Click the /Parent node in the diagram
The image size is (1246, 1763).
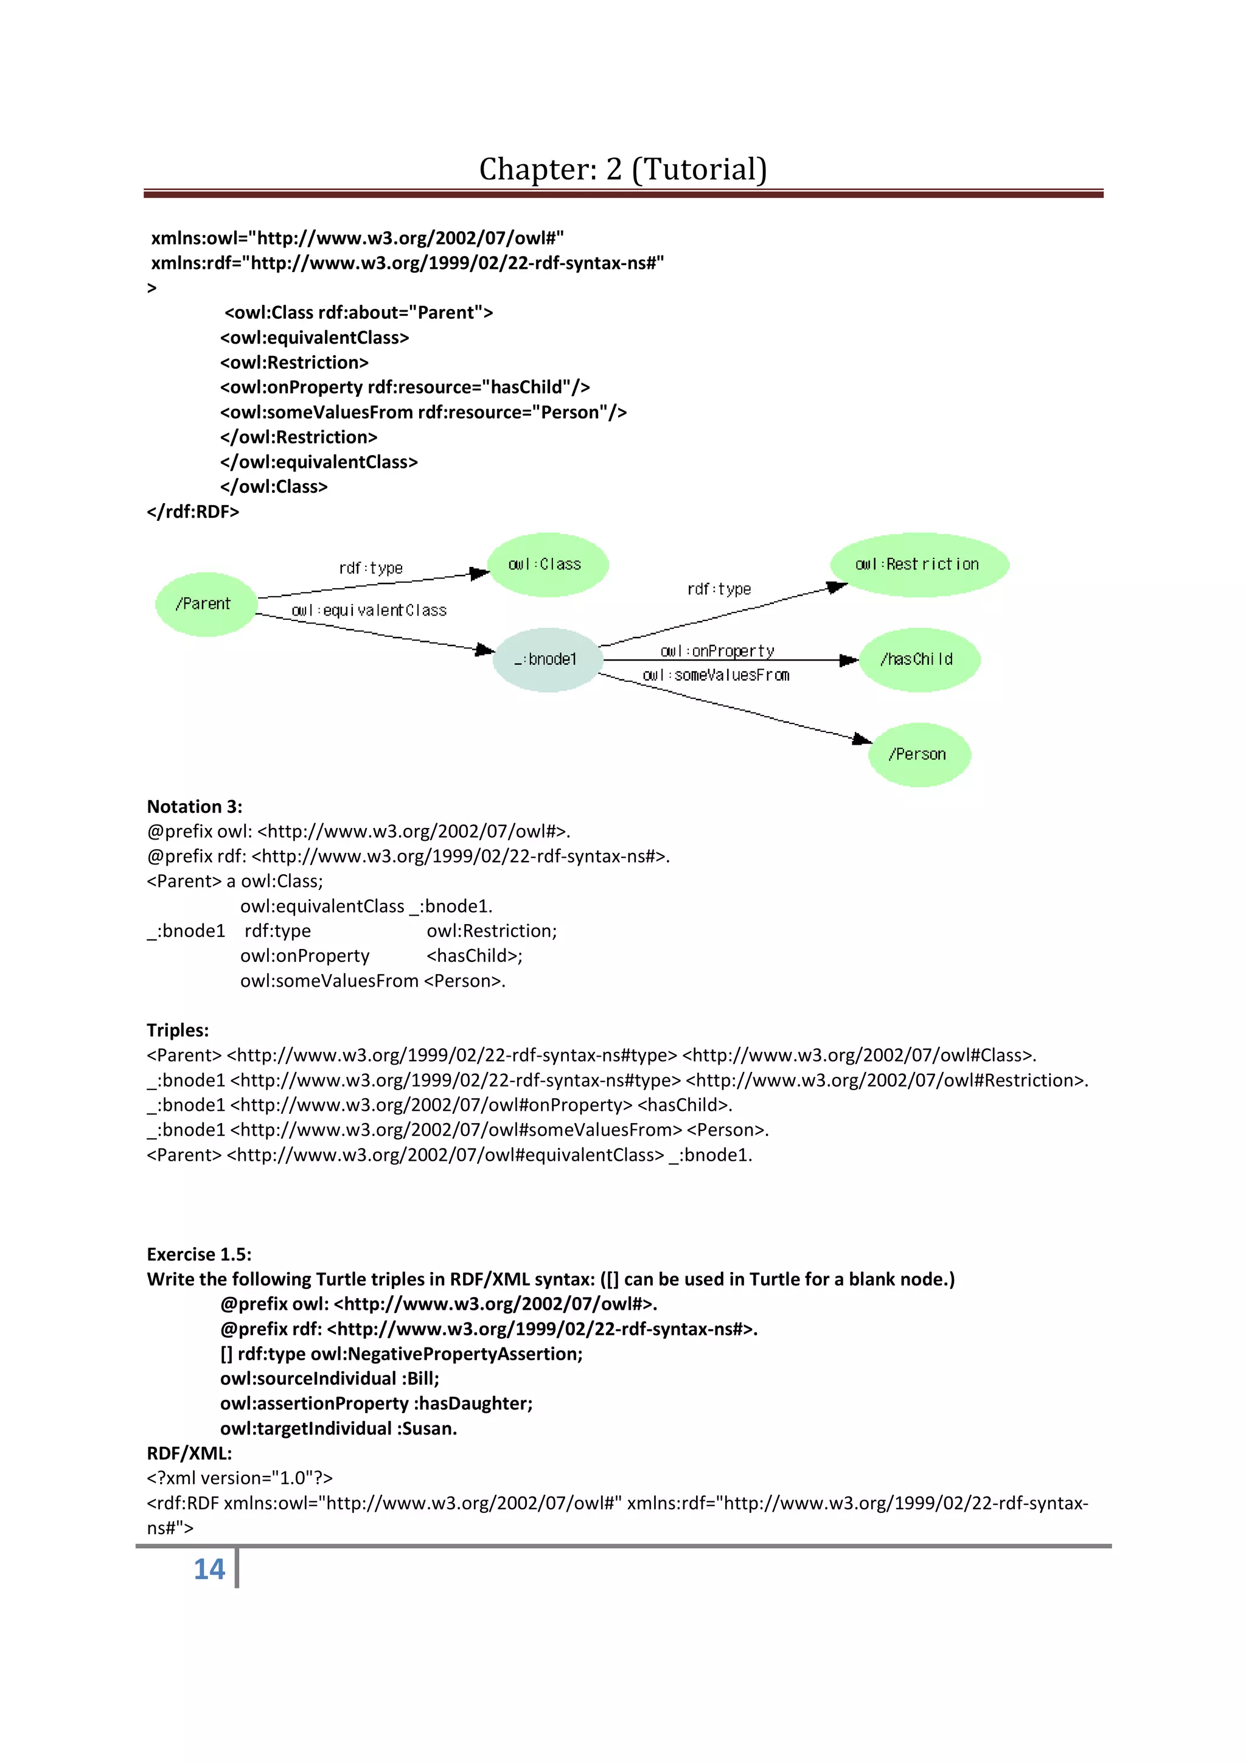(x=205, y=604)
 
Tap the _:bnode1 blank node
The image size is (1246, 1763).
(x=546, y=659)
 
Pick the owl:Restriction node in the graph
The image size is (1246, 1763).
(x=918, y=565)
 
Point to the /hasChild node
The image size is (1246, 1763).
(x=918, y=659)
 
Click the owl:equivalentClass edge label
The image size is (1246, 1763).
(x=369, y=610)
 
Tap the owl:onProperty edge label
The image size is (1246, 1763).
(x=717, y=651)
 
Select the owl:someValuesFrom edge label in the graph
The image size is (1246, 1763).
(x=715, y=675)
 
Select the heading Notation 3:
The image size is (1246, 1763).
(x=194, y=806)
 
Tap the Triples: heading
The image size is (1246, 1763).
(x=177, y=1030)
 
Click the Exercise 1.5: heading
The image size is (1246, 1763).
(x=199, y=1254)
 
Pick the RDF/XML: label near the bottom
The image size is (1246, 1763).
(x=189, y=1453)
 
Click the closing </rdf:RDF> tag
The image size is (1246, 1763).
(x=193, y=512)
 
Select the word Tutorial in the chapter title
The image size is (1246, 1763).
(x=700, y=169)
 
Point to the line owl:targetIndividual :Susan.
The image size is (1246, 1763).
(x=338, y=1428)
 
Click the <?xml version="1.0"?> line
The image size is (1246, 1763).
(x=240, y=1477)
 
